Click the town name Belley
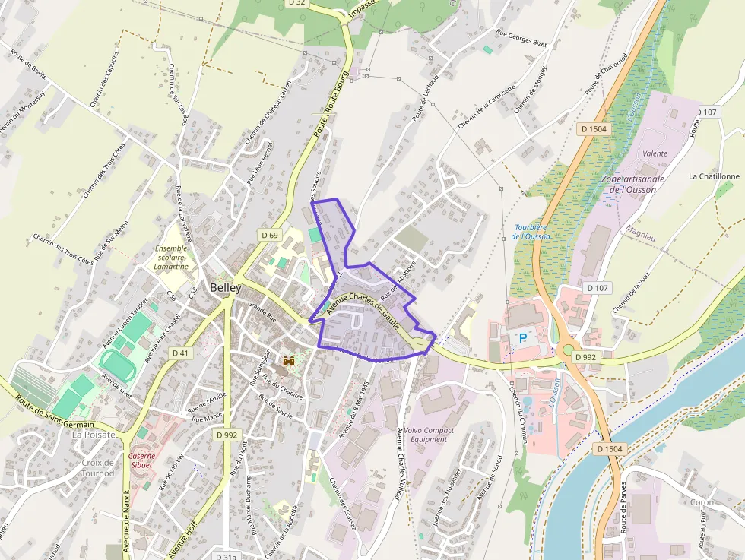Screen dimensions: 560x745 (x=225, y=288)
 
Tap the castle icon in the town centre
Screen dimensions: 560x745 (x=289, y=362)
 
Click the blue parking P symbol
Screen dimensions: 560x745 (x=522, y=337)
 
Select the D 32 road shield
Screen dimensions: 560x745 (x=297, y=3)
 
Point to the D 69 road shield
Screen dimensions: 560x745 (x=268, y=235)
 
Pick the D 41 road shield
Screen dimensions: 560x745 (x=180, y=353)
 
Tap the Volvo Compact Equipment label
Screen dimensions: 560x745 (x=429, y=435)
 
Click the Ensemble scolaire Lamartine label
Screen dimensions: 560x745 (x=170, y=258)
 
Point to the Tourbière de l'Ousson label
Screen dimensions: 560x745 (x=532, y=231)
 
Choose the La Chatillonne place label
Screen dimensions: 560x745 (x=713, y=176)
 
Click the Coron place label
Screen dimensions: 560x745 (x=702, y=502)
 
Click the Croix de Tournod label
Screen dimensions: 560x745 (x=97, y=468)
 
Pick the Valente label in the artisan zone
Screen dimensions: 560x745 (x=655, y=153)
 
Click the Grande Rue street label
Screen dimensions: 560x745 (x=262, y=312)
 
